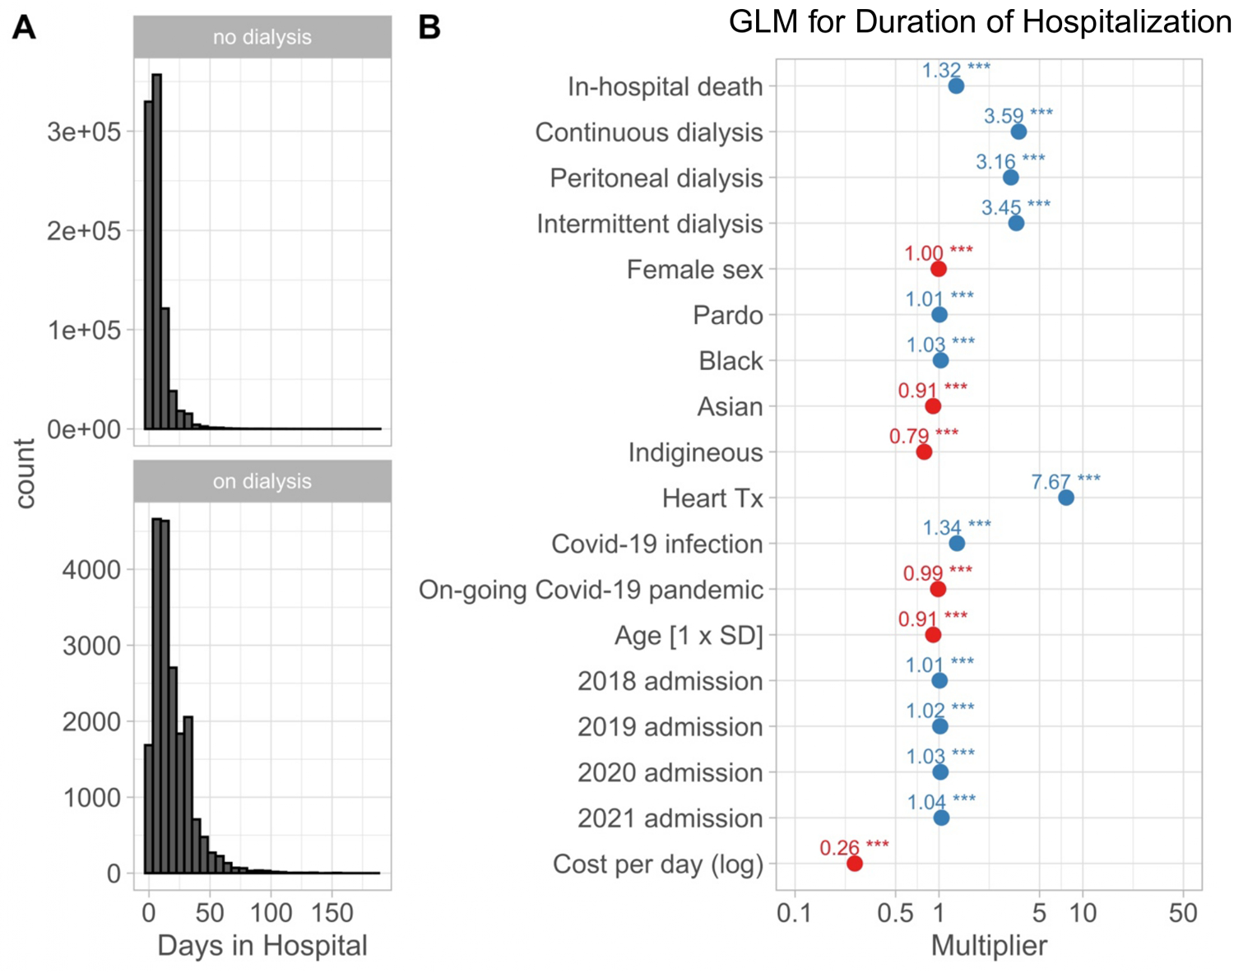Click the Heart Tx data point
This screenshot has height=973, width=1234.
(1065, 498)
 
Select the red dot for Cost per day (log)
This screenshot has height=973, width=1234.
(855, 864)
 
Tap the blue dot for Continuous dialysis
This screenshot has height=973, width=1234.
(1018, 132)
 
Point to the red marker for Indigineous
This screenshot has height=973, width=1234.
(924, 452)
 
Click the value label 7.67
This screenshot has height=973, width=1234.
(1051, 481)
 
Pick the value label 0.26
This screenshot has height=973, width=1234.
(839, 847)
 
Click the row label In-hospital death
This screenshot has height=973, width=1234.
(665, 86)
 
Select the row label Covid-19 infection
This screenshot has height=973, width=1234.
(656, 544)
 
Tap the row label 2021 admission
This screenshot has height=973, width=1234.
(670, 818)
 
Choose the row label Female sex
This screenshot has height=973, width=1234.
(694, 270)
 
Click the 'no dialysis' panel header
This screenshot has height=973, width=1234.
(262, 37)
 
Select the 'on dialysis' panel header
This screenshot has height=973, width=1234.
(262, 481)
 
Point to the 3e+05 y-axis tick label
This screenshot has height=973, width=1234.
(83, 132)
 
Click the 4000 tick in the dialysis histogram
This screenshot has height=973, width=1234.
(91, 569)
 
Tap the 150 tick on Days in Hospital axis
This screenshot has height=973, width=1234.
(332, 912)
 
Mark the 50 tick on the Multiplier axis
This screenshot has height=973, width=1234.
(1183, 912)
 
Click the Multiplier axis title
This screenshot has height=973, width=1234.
(989, 946)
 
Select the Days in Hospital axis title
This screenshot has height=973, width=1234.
(262, 946)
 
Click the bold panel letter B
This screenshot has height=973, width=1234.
(429, 27)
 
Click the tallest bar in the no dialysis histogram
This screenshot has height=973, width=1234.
(157, 247)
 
